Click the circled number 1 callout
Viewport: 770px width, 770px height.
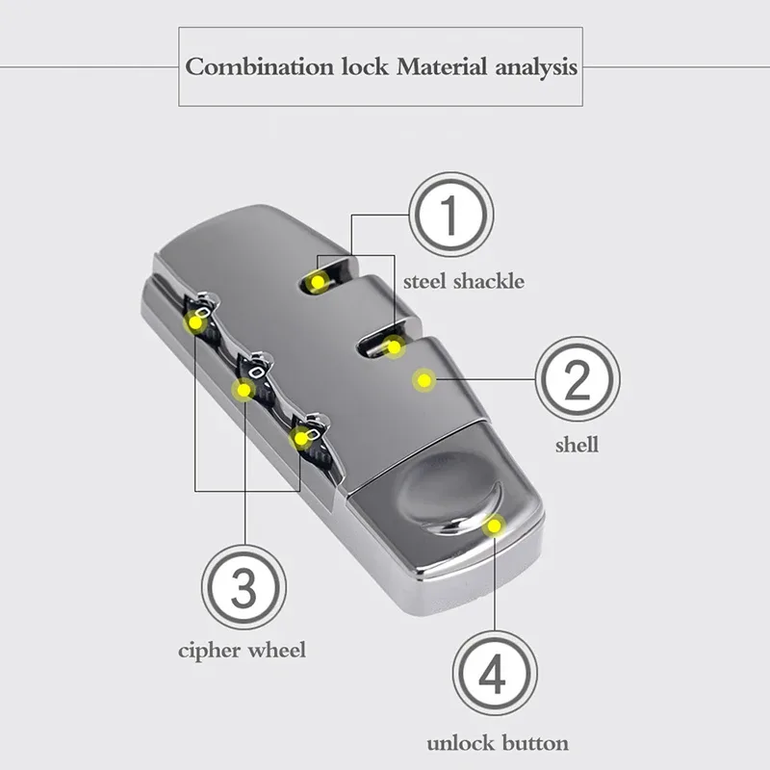tap(450, 215)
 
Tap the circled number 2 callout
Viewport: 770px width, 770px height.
tap(577, 379)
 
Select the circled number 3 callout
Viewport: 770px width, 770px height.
tap(244, 587)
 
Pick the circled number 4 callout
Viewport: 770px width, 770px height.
tap(495, 673)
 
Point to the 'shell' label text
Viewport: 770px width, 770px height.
tap(577, 445)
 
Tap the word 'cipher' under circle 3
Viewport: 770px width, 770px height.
tap(210, 652)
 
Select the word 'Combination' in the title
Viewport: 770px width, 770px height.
tap(259, 66)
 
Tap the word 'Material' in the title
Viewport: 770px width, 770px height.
tap(442, 66)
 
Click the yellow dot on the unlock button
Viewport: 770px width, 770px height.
tap(494, 526)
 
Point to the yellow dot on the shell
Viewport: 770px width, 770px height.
tap(423, 379)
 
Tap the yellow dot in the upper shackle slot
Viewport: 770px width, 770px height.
tap(318, 282)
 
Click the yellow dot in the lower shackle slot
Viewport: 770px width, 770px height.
tap(394, 347)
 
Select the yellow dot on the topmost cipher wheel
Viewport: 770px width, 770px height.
tap(195, 322)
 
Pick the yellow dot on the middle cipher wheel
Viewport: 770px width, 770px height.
tap(244, 391)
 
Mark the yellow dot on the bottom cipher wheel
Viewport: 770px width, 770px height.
tap(300, 437)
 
